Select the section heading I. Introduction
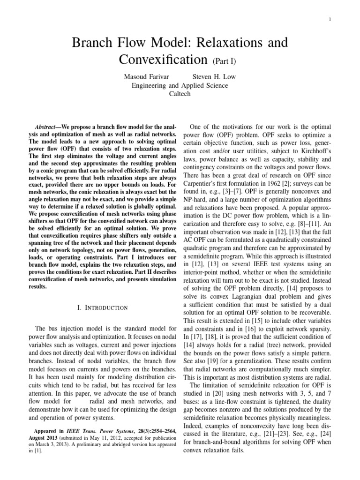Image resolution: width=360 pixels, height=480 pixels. pyautogui.click(x=102, y=307)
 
